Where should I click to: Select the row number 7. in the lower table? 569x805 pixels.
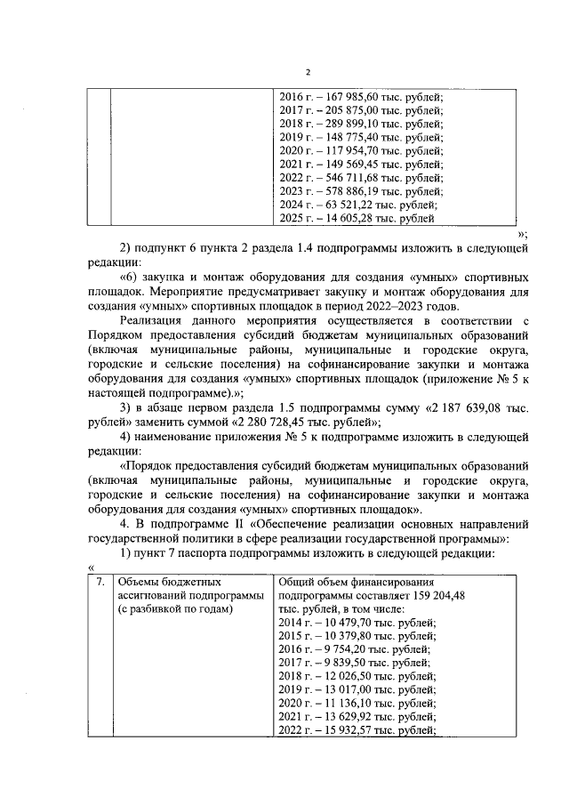(x=100, y=582)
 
